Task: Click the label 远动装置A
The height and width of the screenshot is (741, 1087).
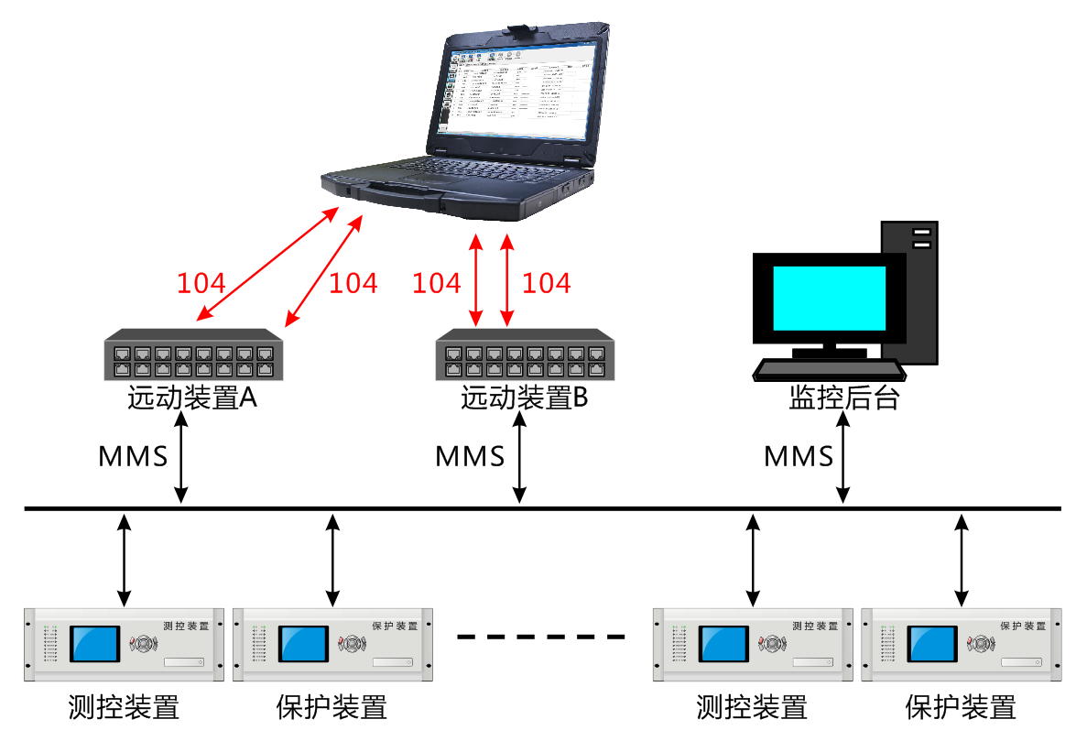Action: pyautogui.click(x=191, y=399)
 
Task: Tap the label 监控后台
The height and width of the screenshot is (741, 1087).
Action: pyautogui.click(x=843, y=399)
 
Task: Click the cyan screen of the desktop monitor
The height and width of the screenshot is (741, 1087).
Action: pyautogui.click(x=829, y=298)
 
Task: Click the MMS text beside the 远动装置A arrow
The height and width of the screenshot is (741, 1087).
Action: pyautogui.click(x=133, y=456)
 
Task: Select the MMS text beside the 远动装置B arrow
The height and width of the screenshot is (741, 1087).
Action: pyautogui.click(x=470, y=456)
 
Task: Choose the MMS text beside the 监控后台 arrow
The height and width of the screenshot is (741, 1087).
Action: pyautogui.click(x=799, y=456)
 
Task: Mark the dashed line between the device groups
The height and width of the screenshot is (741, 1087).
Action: pyautogui.click(x=540, y=637)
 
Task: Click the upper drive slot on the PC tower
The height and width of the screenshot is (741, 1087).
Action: pyautogui.click(x=921, y=234)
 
